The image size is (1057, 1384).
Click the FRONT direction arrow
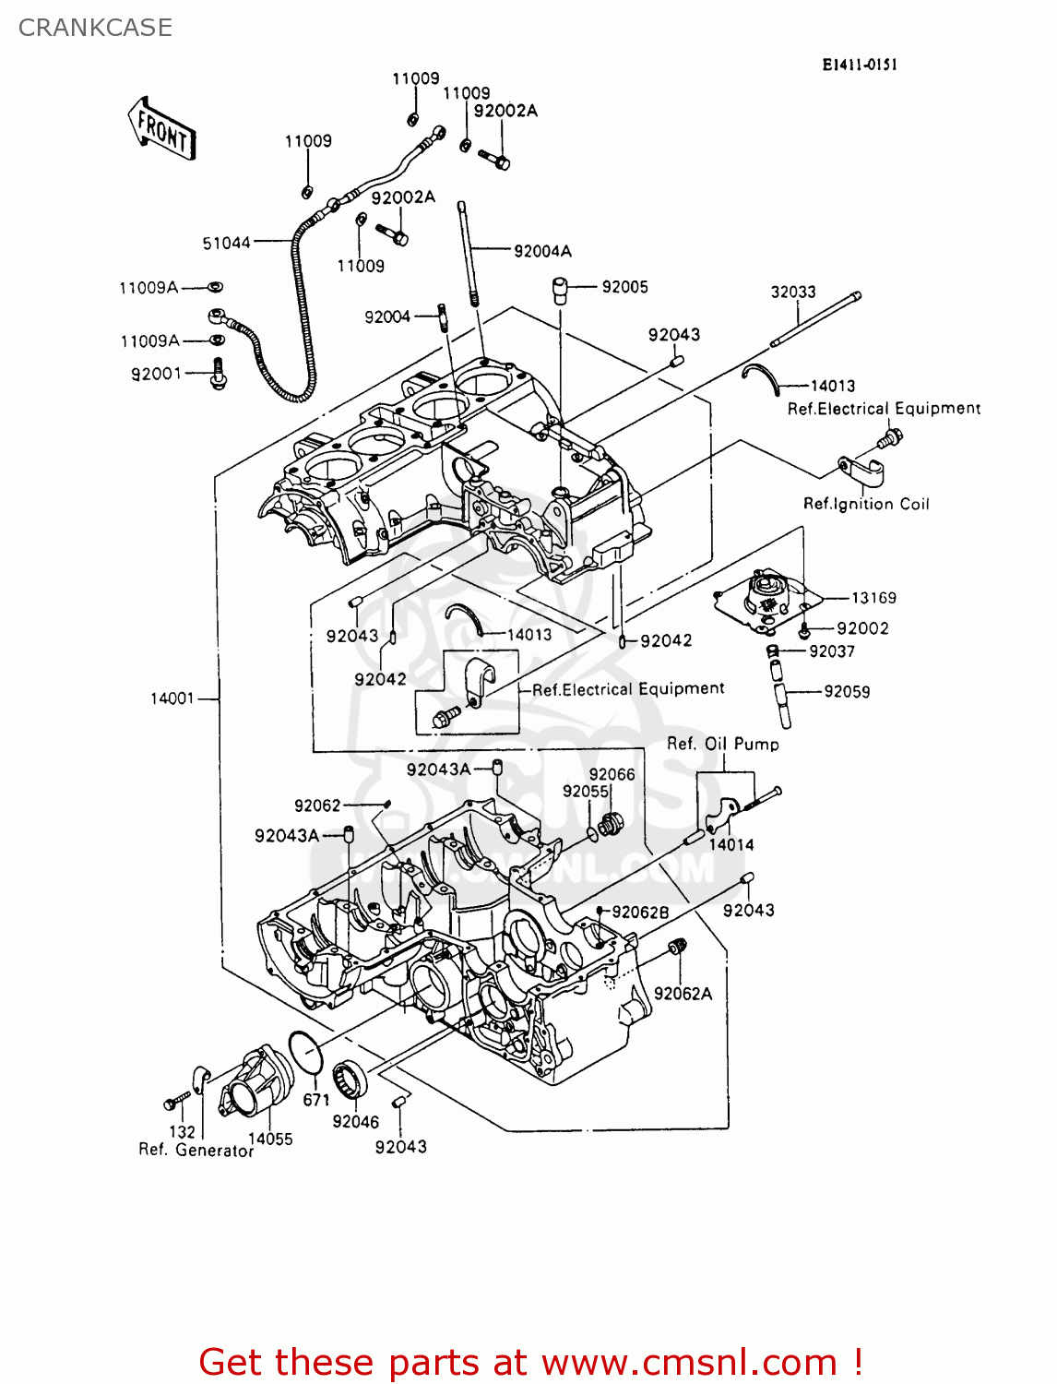(162, 129)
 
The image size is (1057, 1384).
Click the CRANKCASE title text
(95, 28)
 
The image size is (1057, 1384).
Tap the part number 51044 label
(226, 243)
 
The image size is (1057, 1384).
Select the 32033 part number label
(793, 292)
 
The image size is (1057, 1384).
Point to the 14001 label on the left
(172, 698)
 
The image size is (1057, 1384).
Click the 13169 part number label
(873, 598)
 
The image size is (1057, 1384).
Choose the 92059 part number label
(847, 691)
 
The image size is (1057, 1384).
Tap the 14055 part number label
(270, 1139)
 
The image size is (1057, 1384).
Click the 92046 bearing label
(356, 1121)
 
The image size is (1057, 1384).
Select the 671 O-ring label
(316, 1100)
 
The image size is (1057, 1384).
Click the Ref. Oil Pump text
(723, 744)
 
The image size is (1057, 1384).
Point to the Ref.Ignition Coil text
(866, 504)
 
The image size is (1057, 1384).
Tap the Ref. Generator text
(196, 1151)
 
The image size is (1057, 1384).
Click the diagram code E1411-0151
(860, 65)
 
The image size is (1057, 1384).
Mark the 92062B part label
(640, 912)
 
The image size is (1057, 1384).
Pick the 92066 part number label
(612, 774)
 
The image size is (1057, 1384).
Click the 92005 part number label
(624, 287)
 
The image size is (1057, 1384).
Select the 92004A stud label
(542, 251)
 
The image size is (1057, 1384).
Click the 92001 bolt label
(157, 374)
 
